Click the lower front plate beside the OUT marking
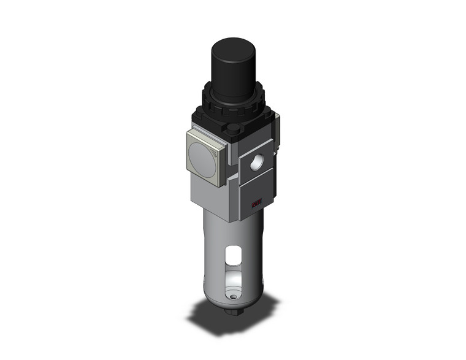[x=248, y=196]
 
